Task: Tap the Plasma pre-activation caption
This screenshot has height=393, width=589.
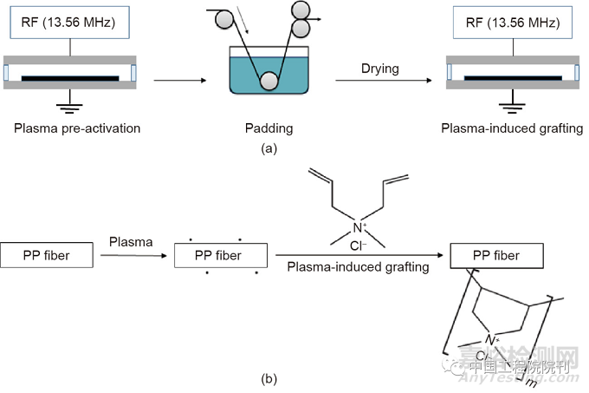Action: click(x=77, y=128)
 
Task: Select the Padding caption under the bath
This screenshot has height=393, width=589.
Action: click(x=269, y=128)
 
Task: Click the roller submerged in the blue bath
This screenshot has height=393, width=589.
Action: click(x=269, y=82)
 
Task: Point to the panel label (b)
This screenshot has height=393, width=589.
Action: click(x=269, y=379)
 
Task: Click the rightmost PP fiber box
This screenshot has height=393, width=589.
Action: click(x=496, y=255)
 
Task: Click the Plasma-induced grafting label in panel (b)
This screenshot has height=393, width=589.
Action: click(x=359, y=267)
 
